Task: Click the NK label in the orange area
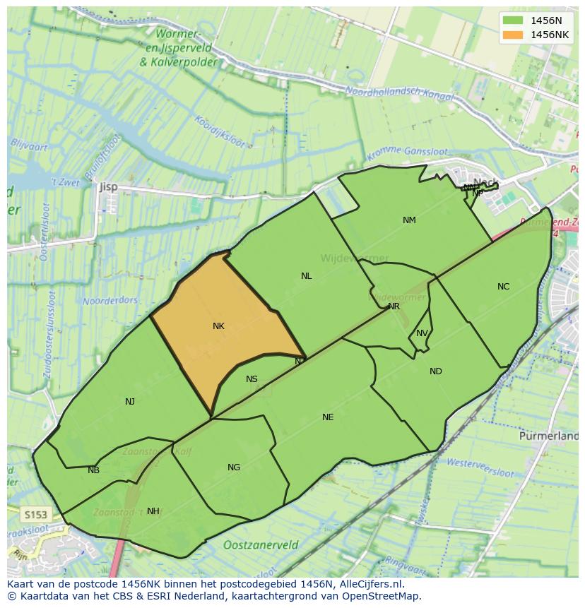point(218,326)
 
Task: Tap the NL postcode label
point(306,276)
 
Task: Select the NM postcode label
point(409,220)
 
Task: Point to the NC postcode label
point(503,287)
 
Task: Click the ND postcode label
point(435,371)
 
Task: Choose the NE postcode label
point(328,417)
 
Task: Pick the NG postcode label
point(234,467)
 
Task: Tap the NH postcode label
point(153,511)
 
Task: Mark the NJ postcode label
point(130,402)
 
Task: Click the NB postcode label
point(93,470)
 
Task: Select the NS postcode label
point(252,379)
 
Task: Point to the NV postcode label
point(422,333)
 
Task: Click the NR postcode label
point(394,306)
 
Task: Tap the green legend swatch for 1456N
point(513,20)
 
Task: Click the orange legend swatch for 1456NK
point(513,35)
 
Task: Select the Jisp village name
point(109,187)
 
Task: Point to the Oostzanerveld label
point(260,545)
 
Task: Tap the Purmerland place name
point(549,436)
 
